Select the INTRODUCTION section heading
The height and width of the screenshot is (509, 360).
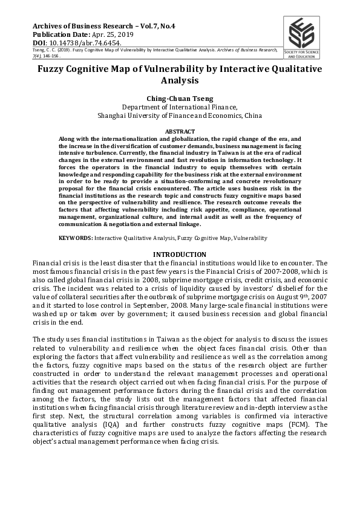click(180, 254)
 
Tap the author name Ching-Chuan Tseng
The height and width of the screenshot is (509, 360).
click(180, 97)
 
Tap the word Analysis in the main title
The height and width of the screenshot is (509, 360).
click(180, 80)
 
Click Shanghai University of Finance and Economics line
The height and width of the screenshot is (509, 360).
click(180, 115)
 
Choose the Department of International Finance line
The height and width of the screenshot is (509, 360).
click(180, 106)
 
